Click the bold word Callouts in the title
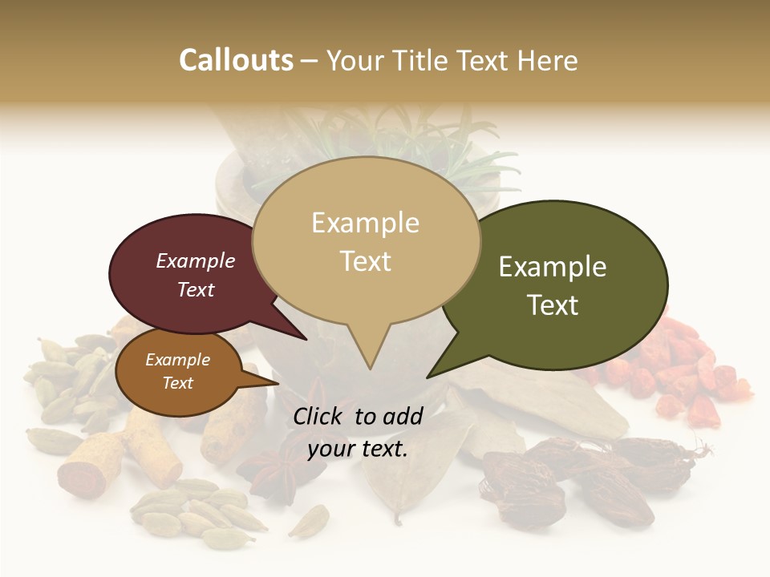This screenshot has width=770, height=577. coord(236,60)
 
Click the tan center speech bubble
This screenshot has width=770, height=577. coord(366,240)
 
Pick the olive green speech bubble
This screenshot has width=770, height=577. coord(561,284)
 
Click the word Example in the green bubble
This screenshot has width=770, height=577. coord(553,267)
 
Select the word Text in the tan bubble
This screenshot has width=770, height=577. coord(366,261)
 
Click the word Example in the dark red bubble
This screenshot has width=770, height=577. coord(196,260)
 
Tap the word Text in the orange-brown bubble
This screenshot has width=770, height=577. coord(178,383)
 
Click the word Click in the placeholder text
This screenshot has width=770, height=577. coord(319,416)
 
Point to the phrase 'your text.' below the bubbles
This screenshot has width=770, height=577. coord(358,449)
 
